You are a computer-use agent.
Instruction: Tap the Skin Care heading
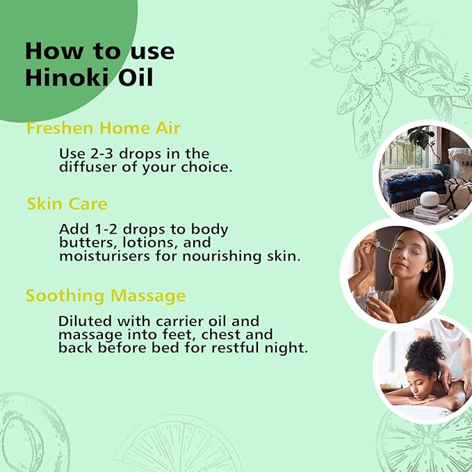67,204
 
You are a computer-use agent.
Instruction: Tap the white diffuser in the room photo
428,200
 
